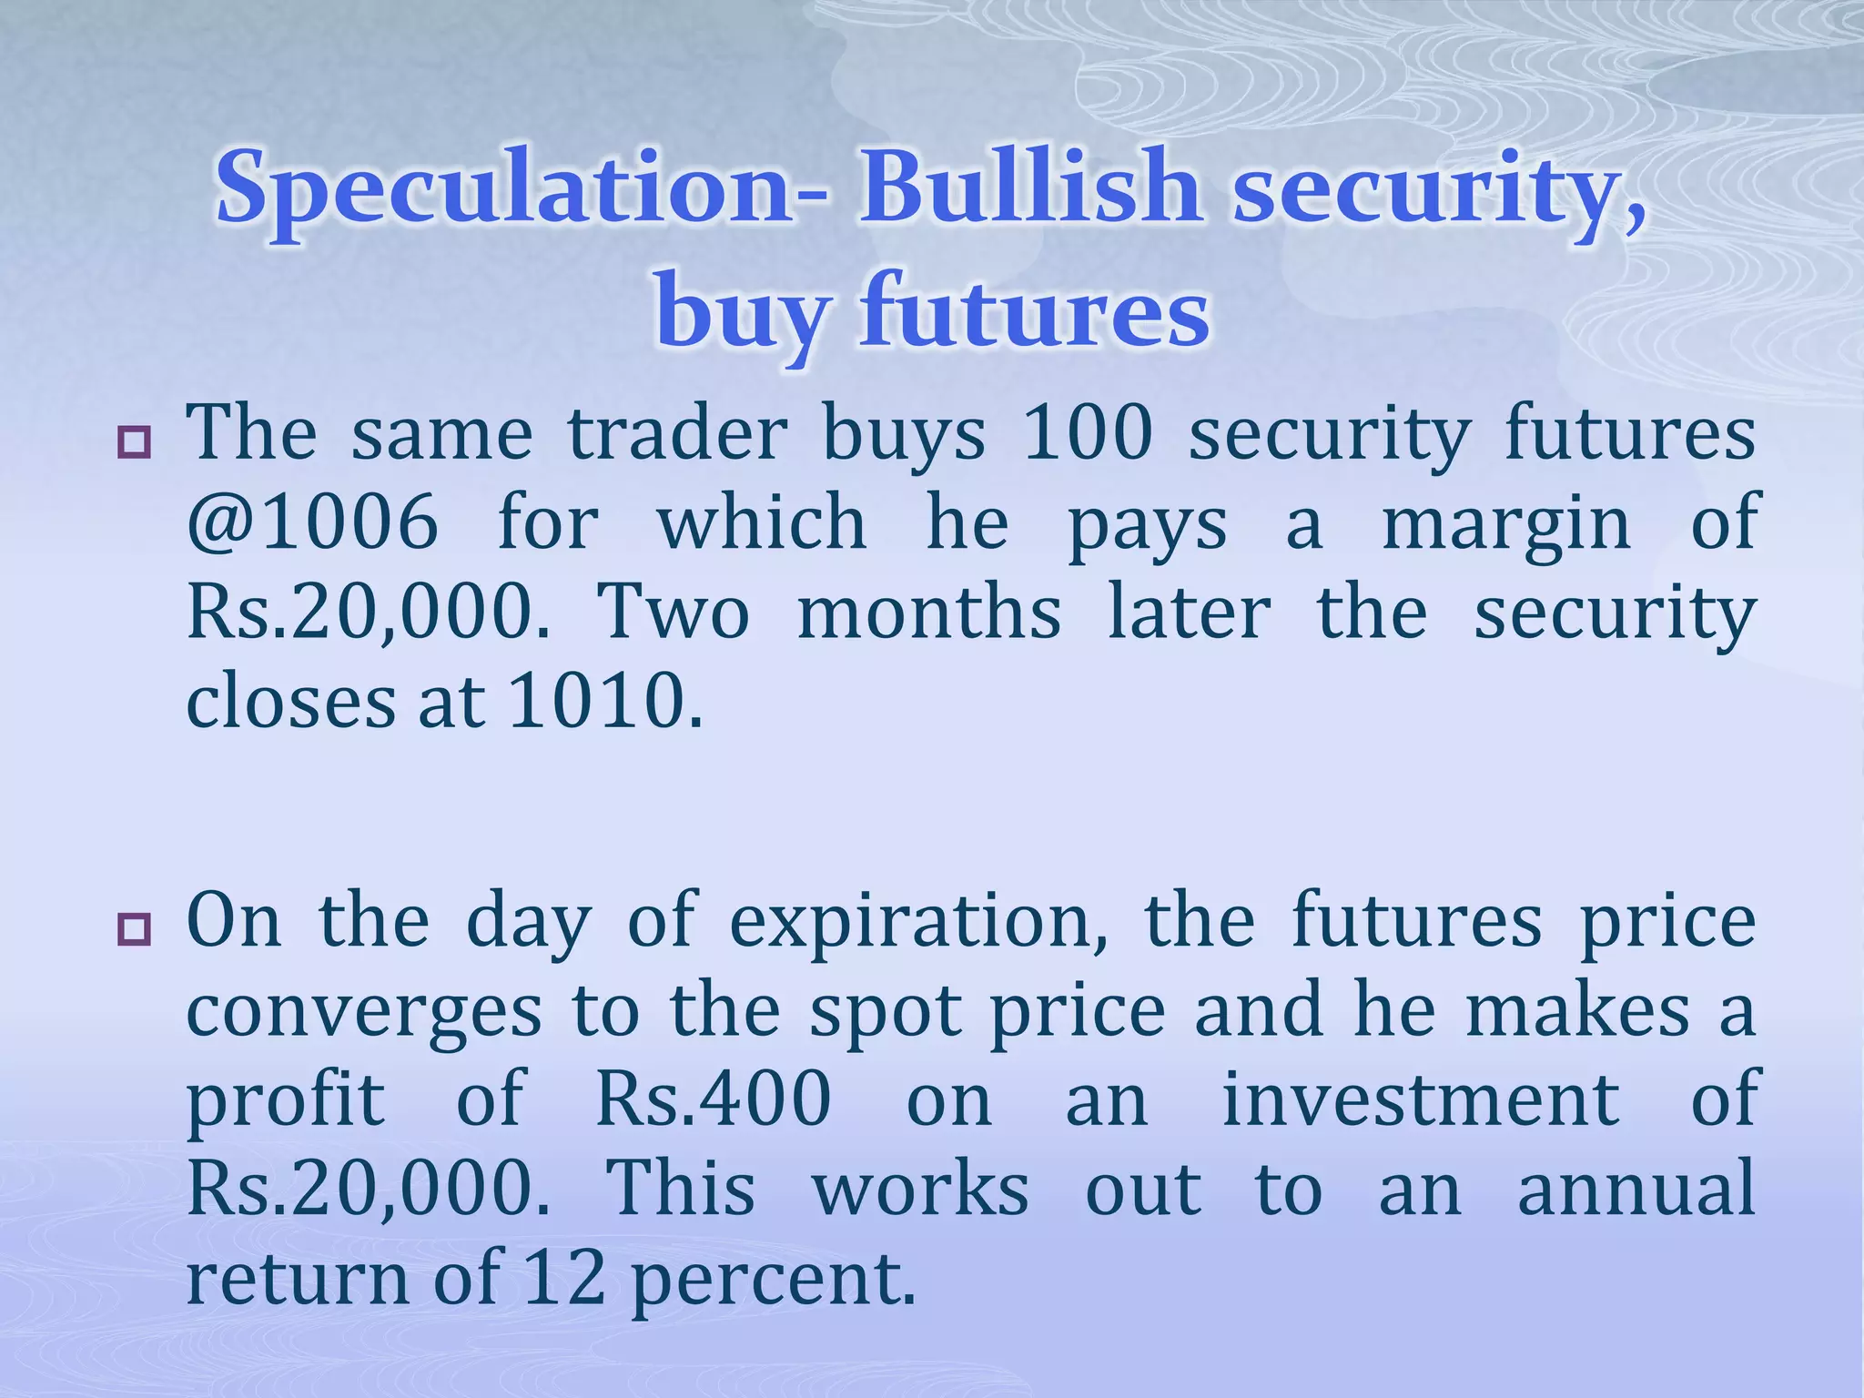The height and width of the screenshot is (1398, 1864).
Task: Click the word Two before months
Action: pos(673,613)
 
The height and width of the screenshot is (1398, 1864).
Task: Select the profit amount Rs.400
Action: pos(714,1099)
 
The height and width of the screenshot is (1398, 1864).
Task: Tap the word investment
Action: pos(1420,1099)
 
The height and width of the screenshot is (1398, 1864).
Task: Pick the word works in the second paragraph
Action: pos(920,1188)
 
